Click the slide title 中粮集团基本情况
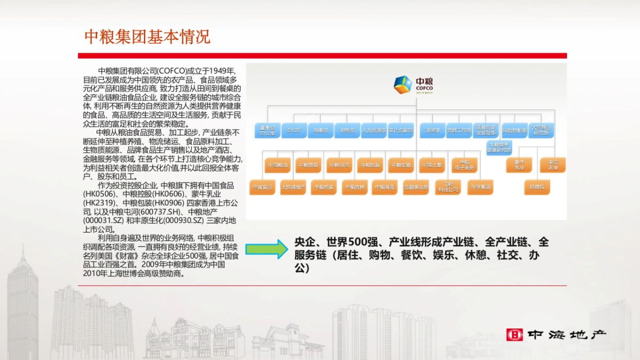point(147,37)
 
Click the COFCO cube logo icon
point(402,85)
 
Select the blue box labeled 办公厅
point(294,130)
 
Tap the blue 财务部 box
point(347,130)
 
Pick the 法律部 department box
point(432,130)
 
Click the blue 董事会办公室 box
point(267,131)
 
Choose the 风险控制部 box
point(514,130)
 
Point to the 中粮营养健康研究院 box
point(499,147)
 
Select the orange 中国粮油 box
point(278,165)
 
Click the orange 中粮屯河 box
point(340,165)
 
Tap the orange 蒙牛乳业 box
point(519,165)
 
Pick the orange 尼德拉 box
point(537,187)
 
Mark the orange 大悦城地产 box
point(293,187)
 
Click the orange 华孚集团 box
point(479,187)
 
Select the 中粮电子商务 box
point(464,165)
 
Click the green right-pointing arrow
point(266,249)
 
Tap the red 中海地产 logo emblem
point(514,335)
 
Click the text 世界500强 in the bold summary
point(349,242)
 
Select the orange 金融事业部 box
point(416,187)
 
